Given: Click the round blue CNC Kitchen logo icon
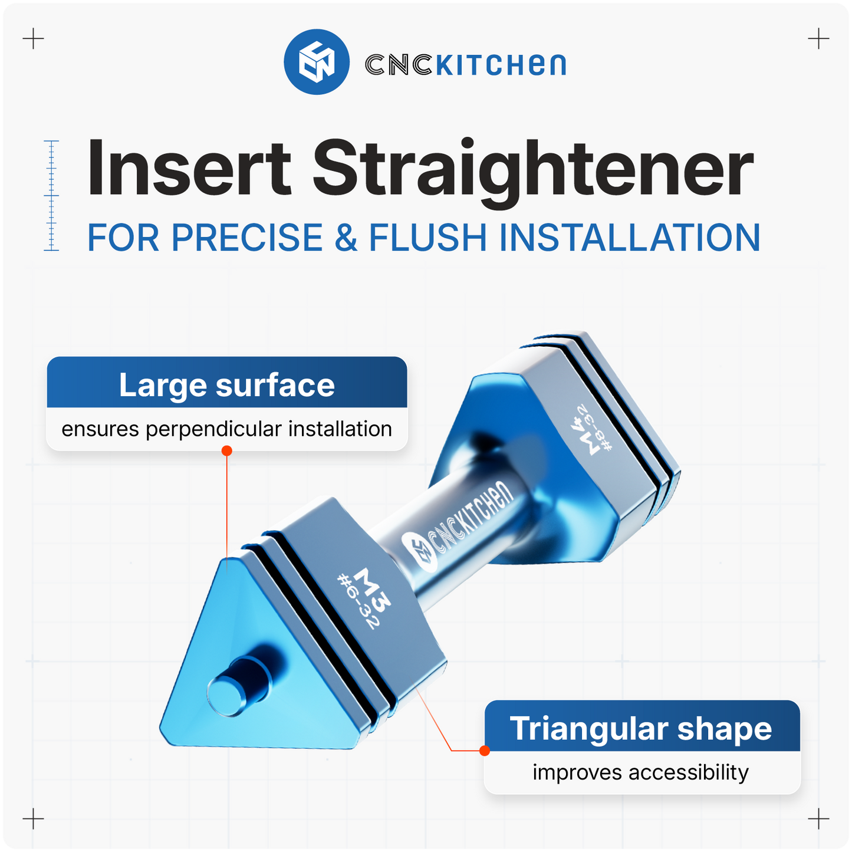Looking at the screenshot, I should tap(317, 62).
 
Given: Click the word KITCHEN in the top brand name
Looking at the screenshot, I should tap(501, 65).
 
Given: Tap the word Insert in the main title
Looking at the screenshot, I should tap(189, 169).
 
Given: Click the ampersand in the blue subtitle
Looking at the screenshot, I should tap(346, 238).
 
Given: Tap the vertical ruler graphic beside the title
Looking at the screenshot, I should tap(52, 196).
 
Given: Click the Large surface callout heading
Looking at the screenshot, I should tap(227, 385).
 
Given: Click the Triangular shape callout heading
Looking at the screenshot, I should tap(641, 729).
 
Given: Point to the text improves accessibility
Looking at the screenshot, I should tap(641, 772).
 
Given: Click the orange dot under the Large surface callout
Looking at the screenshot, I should tap(226, 451).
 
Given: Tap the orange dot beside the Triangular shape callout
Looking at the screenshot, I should tap(485, 751).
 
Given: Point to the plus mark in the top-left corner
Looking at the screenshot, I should tap(34, 40).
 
